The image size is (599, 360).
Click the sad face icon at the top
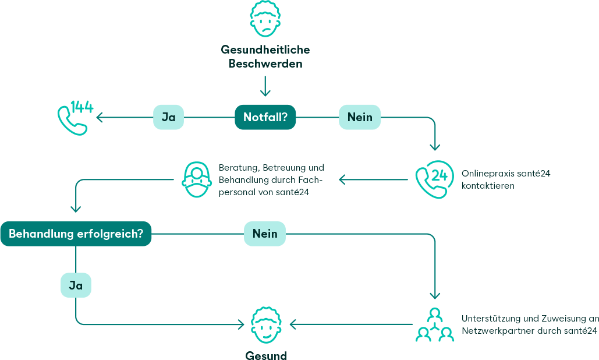265,19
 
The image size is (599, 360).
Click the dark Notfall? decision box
265,117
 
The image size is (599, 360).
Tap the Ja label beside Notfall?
168,117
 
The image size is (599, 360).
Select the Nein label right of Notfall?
360,117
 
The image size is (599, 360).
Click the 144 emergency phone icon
75,118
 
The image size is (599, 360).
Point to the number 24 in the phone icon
439,175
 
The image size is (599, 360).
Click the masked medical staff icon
197,179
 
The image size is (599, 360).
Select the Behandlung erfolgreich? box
76,234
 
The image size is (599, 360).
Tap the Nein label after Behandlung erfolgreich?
265,234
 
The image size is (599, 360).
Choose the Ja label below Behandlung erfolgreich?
76,285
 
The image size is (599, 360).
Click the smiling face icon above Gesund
266,325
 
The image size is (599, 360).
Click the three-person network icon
435,324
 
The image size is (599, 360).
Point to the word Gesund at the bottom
266,355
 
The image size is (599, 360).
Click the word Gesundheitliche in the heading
265,50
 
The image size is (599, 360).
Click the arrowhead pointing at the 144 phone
100,117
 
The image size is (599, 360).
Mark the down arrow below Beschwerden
265,86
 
